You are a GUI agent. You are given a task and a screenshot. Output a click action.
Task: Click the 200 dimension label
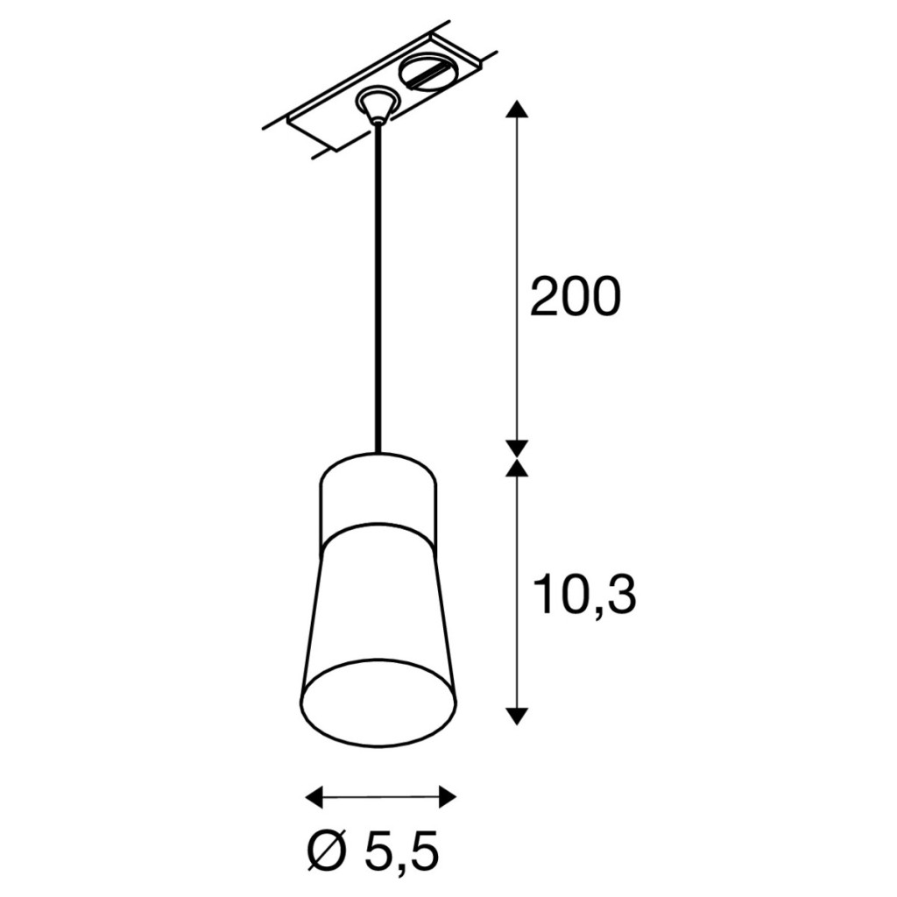click(576, 296)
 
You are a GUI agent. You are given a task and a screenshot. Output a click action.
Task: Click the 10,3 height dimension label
click(584, 596)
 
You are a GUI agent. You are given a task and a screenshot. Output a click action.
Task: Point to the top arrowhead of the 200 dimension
click(517, 109)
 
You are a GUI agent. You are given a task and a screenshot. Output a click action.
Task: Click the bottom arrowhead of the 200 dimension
click(517, 448)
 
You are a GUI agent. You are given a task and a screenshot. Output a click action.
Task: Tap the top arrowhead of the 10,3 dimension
click(517, 468)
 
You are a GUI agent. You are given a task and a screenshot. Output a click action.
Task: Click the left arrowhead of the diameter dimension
click(314, 796)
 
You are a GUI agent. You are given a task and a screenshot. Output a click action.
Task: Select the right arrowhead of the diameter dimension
click(448, 796)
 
